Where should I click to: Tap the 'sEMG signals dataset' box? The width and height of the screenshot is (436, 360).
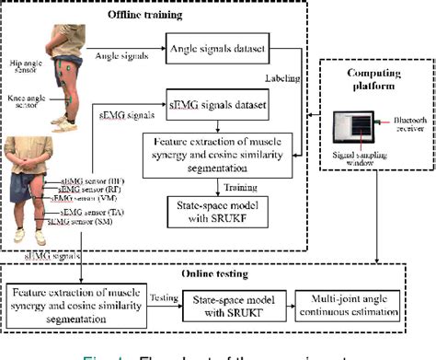[x=219, y=104]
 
